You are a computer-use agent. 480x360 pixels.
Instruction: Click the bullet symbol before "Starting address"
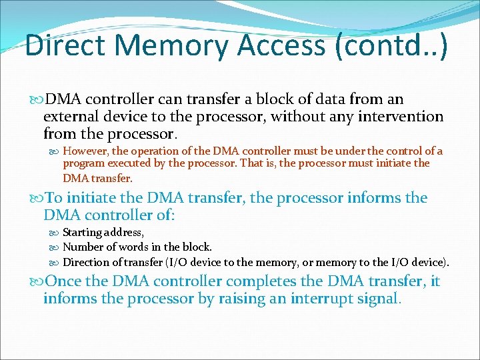tap(54, 233)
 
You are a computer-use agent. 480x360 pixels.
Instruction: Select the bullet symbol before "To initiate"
tap(36, 198)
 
